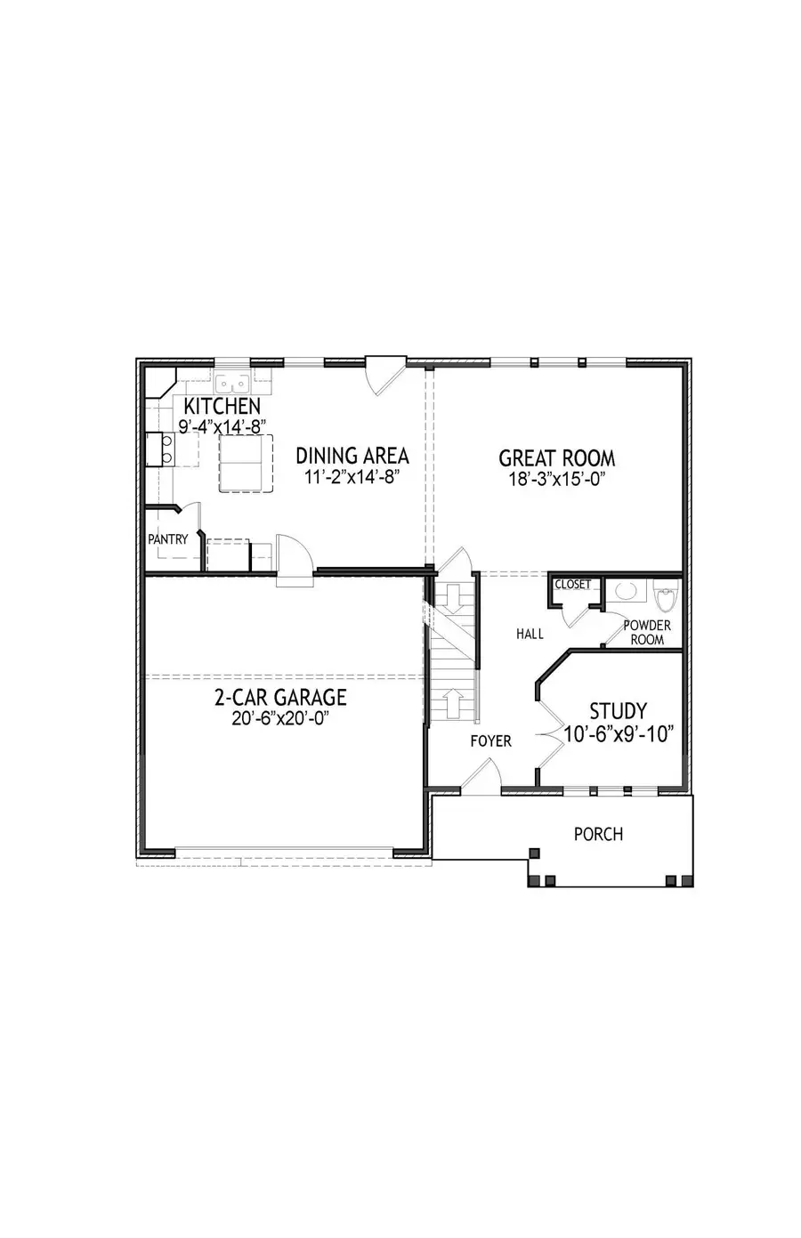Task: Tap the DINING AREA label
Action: point(352,456)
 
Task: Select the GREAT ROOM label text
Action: point(556,458)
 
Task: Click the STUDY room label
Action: point(618,711)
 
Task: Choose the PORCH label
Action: point(598,834)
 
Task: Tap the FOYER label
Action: point(491,740)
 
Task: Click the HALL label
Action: point(530,634)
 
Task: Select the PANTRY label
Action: point(168,538)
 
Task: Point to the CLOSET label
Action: point(572,585)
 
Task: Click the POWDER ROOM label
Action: point(647,633)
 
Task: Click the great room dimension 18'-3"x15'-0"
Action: point(556,479)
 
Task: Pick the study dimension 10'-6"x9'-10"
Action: point(619,734)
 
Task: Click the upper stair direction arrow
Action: point(449,598)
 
